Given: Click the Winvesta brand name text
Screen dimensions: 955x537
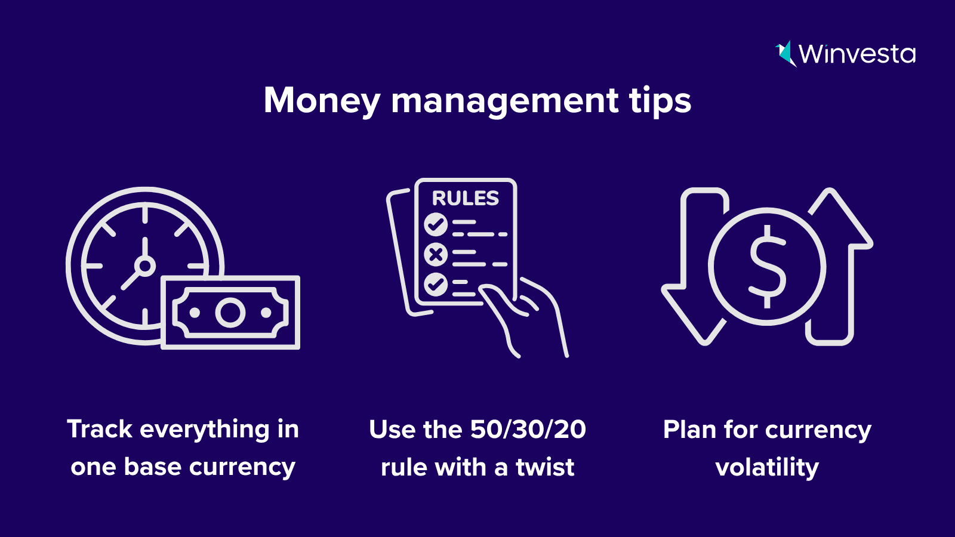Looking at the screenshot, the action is point(857,54).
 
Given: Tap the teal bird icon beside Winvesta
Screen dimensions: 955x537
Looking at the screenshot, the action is point(785,54).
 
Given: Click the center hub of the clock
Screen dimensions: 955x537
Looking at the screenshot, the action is point(145,266).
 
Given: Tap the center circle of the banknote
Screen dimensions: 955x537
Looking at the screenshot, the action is point(230,313).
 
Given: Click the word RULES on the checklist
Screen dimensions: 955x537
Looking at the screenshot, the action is point(466,198).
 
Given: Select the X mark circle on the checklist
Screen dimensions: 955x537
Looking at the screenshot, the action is point(436,254).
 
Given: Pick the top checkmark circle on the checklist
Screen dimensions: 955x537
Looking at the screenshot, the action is point(436,224).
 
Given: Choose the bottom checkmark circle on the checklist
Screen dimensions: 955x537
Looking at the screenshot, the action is point(436,284).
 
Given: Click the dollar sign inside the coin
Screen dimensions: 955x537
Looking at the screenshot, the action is point(768,266).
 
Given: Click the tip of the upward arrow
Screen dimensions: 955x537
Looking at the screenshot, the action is point(829,190).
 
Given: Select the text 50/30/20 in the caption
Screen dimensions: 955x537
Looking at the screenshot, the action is point(528,429).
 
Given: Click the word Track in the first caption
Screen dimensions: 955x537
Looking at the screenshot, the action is point(100,429).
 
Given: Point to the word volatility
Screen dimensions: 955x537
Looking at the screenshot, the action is point(767,468).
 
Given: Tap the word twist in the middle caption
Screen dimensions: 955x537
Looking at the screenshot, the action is point(545,467).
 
